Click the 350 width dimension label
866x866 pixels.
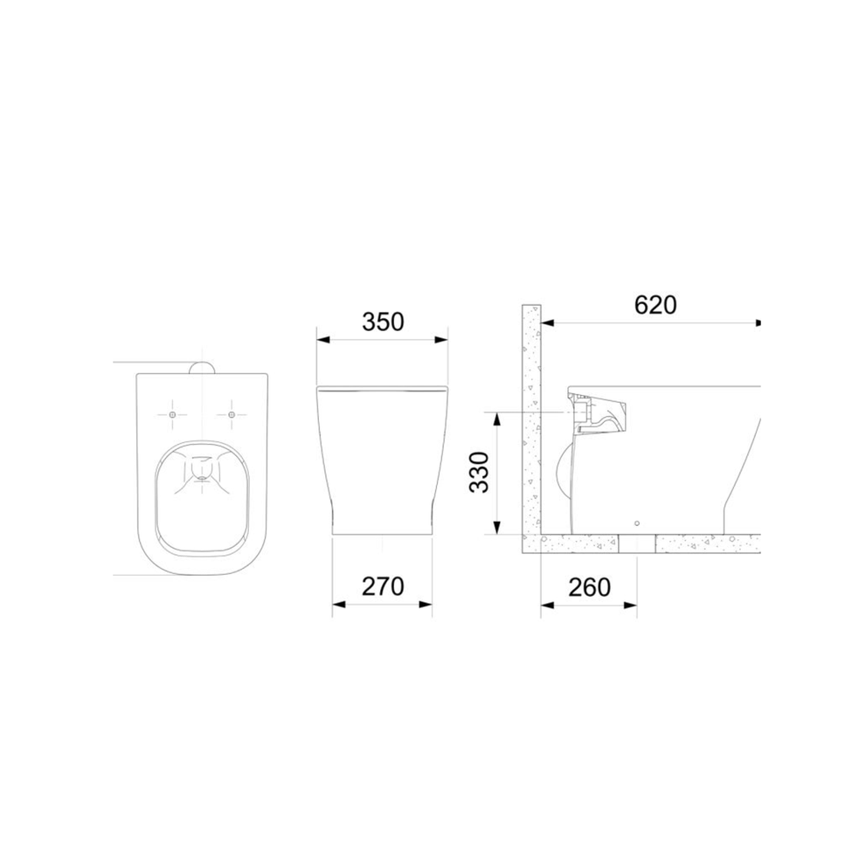tap(383, 322)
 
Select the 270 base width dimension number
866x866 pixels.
tap(383, 586)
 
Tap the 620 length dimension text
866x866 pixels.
tap(655, 305)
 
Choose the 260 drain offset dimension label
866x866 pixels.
tap(589, 587)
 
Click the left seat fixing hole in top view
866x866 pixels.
tap(172, 414)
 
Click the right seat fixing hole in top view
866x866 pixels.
tap(232, 414)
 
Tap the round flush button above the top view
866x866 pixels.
tap(202, 368)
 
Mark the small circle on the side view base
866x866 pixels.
tap(637, 523)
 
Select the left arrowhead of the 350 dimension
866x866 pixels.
tap(323, 340)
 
